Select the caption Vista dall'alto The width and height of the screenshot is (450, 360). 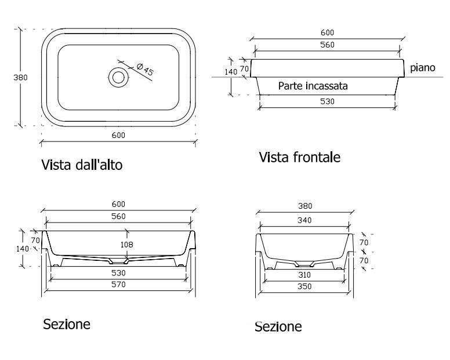click(x=82, y=165)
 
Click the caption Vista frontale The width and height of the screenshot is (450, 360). click(x=299, y=157)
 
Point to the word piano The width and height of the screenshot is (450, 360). click(x=422, y=68)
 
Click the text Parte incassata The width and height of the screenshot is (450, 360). click(x=313, y=86)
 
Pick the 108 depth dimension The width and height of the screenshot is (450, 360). click(x=126, y=245)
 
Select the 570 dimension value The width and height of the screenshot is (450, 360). click(x=118, y=285)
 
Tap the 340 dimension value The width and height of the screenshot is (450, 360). click(x=304, y=220)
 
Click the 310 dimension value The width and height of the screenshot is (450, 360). click(x=304, y=275)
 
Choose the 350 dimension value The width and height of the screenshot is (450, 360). click(x=304, y=286)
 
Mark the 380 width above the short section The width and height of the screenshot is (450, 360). click(x=304, y=206)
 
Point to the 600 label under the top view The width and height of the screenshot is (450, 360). click(x=118, y=135)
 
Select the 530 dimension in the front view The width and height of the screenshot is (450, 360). click(x=328, y=101)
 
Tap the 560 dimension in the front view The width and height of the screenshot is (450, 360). click(x=328, y=45)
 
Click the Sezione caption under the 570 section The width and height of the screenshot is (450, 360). click(x=67, y=323)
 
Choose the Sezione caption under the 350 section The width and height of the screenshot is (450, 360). click(x=278, y=327)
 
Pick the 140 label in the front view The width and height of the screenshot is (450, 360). click(x=231, y=72)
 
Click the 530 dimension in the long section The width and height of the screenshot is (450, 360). click(x=118, y=272)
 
